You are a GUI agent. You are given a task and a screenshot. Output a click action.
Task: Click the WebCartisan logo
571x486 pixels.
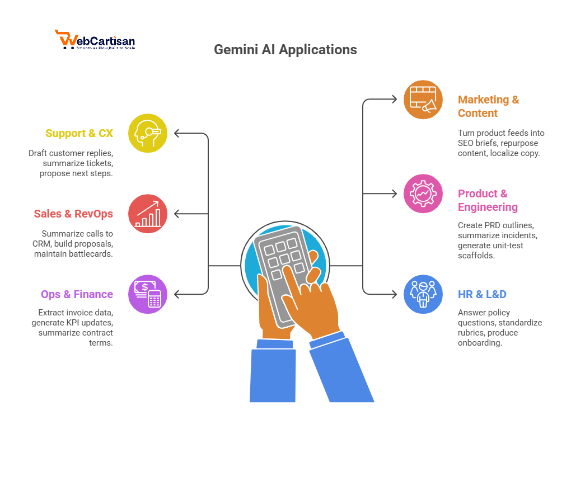(95, 40)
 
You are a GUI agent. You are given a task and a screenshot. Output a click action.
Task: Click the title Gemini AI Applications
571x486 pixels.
(285, 49)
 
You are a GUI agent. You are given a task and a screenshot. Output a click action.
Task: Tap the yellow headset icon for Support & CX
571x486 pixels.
(148, 133)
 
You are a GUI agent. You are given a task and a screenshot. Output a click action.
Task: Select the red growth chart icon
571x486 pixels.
(148, 214)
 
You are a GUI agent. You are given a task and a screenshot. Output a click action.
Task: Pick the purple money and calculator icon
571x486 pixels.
(148, 294)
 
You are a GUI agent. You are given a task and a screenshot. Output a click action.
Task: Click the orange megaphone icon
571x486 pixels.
(423, 100)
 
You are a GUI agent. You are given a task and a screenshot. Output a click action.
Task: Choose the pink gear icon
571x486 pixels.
(423, 194)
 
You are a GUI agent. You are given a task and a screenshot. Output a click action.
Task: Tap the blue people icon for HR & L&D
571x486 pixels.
(423, 294)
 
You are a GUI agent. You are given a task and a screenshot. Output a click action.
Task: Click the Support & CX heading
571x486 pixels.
(79, 133)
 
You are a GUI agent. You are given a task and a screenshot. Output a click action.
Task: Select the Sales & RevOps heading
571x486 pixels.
(73, 214)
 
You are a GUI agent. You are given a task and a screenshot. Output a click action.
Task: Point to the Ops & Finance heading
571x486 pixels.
(77, 294)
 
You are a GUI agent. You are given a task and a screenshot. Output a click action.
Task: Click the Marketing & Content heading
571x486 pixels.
(488, 106)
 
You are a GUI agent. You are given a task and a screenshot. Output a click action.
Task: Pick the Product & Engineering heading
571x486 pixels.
(488, 200)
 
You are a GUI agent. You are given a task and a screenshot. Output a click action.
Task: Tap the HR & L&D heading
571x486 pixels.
(482, 294)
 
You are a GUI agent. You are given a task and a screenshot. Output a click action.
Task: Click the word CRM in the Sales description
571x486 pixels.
(43, 244)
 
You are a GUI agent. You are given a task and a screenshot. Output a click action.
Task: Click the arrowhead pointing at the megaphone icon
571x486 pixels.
(393, 100)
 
